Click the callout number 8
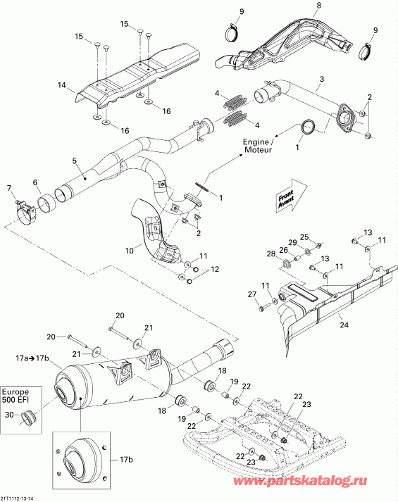pyautogui.click(x=318, y=6)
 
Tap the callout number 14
pyautogui.click(x=61, y=85)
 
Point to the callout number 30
pyautogui.click(x=8, y=415)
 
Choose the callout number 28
pyautogui.click(x=270, y=253)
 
